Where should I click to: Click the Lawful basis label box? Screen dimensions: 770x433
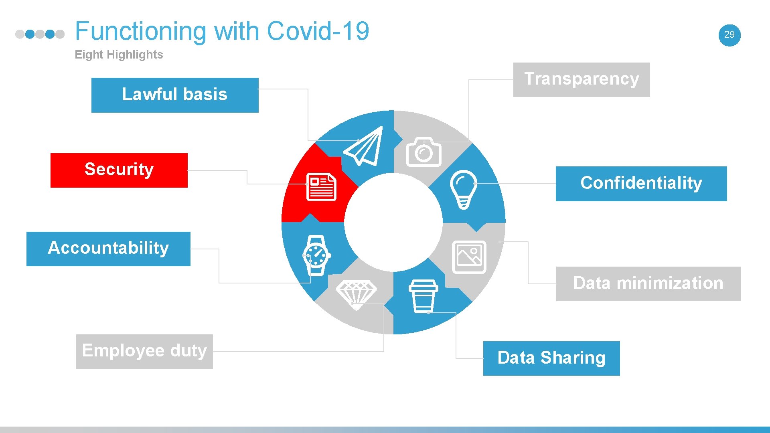click(175, 95)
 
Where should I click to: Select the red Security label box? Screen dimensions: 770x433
click(119, 170)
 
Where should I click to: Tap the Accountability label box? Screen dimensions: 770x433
click(108, 249)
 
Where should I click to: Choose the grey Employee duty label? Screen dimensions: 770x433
click(144, 351)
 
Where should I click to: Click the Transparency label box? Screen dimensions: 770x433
click(582, 79)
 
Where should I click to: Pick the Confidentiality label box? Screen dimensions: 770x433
click(641, 184)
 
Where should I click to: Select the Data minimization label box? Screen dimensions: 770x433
click(648, 283)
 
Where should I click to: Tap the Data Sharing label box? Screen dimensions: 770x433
click(551, 358)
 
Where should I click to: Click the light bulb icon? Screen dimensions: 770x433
click(464, 189)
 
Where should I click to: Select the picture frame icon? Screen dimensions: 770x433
click(469, 257)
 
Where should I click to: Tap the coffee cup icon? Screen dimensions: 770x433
click(423, 296)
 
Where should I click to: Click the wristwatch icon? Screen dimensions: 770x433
click(316, 255)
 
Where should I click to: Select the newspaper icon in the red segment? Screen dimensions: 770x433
click(321, 187)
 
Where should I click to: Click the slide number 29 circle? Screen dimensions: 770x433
click(729, 35)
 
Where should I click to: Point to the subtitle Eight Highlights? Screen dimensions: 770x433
click(119, 55)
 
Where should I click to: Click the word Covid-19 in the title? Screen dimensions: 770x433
click(318, 31)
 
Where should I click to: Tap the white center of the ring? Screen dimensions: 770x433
click(393, 222)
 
